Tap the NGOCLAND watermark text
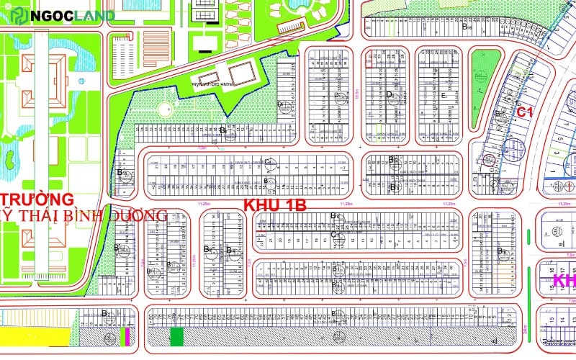click(73, 16)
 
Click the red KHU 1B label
click(275, 204)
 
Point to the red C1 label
click(524, 112)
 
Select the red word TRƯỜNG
click(37, 198)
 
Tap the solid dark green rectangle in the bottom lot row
click(176, 336)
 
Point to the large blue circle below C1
click(514, 148)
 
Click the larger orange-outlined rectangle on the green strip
click(243, 72)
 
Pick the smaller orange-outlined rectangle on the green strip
click(209, 78)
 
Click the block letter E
click(444, 96)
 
